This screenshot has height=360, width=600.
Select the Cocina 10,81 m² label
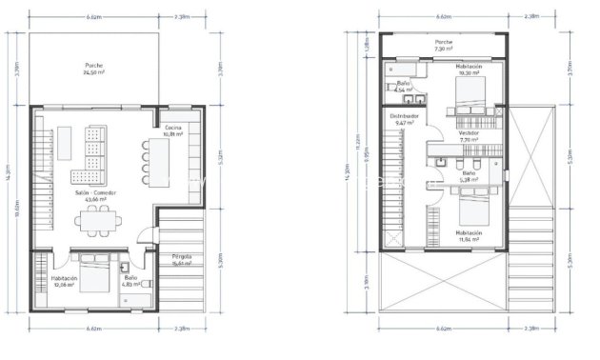click(172, 130)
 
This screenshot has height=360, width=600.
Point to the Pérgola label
click(182, 260)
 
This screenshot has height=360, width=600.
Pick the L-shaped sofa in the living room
click(94, 156)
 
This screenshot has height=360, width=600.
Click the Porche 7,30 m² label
click(443, 45)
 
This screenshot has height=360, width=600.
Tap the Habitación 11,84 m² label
click(468, 235)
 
